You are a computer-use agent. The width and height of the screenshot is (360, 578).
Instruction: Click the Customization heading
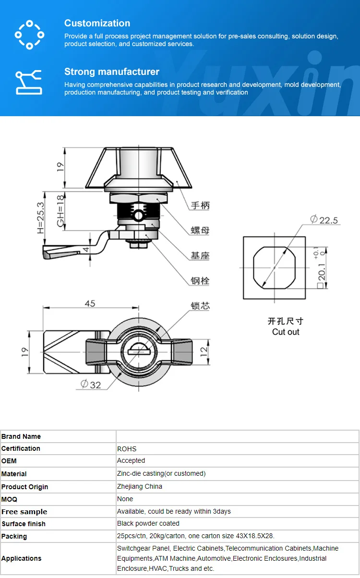pyautogui.click(x=97, y=23)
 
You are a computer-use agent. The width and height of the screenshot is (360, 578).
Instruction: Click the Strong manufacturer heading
pyautogui.click(x=111, y=72)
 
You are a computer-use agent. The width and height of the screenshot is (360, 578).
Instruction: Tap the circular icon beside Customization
pyautogui.click(x=29, y=34)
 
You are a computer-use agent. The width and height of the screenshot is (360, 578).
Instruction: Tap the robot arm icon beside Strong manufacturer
pyautogui.click(x=29, y=82)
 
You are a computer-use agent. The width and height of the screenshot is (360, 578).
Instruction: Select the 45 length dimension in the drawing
pyautogui.click(x=90, y=303)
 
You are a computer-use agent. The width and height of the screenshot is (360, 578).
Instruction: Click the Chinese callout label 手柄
pyautogui.click(x=200, y=205)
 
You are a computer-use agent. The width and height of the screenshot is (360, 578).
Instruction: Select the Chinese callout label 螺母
pyautogui.click(x=200, y=230)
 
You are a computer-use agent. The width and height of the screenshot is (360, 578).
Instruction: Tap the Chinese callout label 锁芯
pyautogui.click(x=200, y=306)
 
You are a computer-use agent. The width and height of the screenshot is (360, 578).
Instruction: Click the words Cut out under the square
pyautogui.click(x=286, y=332)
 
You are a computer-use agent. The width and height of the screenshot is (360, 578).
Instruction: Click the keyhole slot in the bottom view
pyautogui.click(x=139, y=351)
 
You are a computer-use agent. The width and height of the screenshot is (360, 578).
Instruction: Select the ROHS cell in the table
pyautogui.click(x=127, y=449)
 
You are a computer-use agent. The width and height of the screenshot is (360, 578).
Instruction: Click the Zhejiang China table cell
pyautogui.click(x=140, y=486)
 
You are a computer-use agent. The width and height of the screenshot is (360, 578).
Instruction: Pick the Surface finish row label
pyautogui.click(x=24, y=524)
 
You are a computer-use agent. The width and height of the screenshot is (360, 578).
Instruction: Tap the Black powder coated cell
pyautogui.click(x=148, y=523)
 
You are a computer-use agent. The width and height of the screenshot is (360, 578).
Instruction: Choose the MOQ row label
pyautogui.click(x=9, y=499)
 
